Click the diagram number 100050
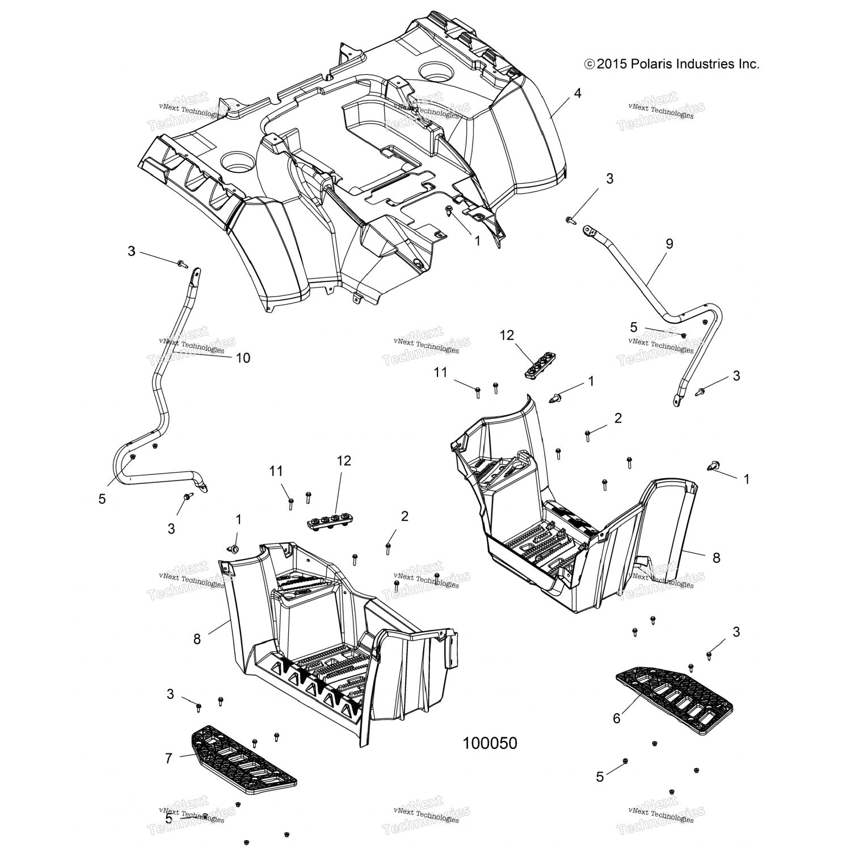[490, 743]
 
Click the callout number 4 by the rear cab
[577, 93]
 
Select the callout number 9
[669, 244]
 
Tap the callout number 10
[243, 358]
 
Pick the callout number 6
[617, 718]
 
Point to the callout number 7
[168, 758]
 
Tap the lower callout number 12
[343, 461]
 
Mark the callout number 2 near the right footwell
[618, 418]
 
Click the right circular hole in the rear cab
[435, 72]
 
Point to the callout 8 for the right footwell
[716, 557]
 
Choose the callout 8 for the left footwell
[197, 639]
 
